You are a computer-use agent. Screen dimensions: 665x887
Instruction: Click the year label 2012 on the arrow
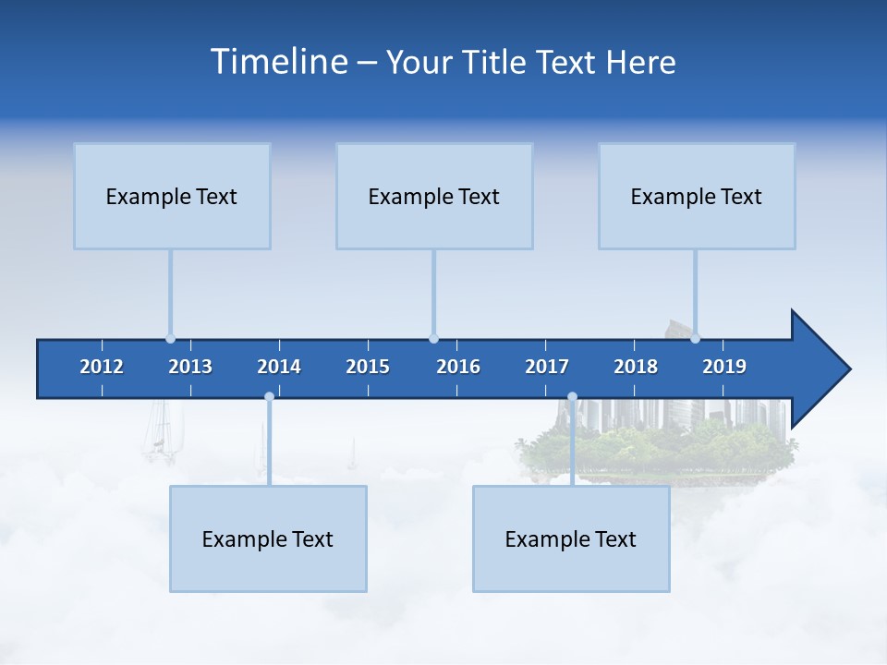[x=102, y=367]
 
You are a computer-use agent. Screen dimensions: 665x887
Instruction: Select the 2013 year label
[x=190, y=367]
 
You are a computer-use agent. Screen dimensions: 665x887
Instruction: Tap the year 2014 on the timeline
[x=279, y=367]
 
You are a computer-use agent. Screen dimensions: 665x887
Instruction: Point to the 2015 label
[x=368, y=367]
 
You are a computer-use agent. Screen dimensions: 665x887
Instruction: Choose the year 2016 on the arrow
[x=458, y=367]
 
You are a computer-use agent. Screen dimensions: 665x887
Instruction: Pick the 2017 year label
[x=547, y=367]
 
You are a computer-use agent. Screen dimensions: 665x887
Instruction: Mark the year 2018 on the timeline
[x=636, y=367]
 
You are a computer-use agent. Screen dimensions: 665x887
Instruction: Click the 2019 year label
[x=724, y=367]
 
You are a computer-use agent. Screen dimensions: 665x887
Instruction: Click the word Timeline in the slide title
[x=277, y=62]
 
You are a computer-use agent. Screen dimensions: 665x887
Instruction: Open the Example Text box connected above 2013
[x=172, y=196]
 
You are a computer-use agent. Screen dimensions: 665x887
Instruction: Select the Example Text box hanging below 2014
[x=268, y=538]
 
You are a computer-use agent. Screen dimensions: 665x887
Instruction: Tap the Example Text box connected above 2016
[x=434, y=196]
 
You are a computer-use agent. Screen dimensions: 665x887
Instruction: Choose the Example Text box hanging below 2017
[x=571, y=538]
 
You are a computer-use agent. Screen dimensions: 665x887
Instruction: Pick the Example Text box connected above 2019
[x=697, y=196]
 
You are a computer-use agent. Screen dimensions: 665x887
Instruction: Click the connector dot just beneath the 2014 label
[x=269, y=397]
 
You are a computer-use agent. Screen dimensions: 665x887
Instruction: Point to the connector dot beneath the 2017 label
[x=572, y=397]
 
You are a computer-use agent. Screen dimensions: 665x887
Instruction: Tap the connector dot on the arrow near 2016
[x=433, y=339]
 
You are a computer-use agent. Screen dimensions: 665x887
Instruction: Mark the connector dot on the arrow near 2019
[x=695, y=338]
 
